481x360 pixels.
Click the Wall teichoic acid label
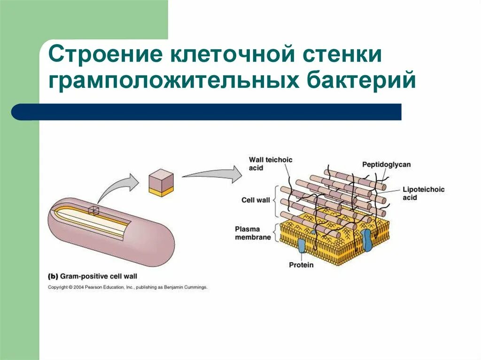click(270, 163)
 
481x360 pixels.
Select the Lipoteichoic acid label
click(423, 193)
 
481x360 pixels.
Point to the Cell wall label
click(256, 200)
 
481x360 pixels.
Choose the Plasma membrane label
click(253, 233)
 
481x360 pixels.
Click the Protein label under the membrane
click(301, 265)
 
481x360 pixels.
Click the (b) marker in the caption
click(54, 276)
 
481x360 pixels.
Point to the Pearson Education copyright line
click(127, 287)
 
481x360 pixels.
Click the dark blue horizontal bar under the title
click(207, 112)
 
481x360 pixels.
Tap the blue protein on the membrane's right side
click(366, 240)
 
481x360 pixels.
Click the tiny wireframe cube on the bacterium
click(94, 211)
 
